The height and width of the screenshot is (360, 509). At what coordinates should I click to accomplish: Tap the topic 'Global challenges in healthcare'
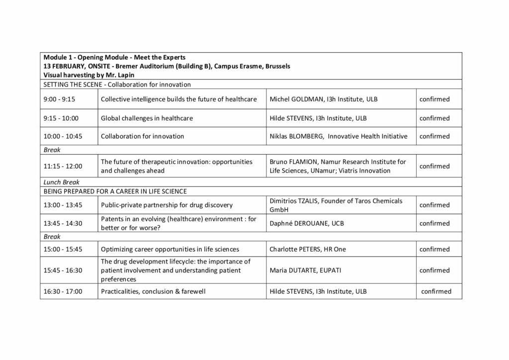[147, 118]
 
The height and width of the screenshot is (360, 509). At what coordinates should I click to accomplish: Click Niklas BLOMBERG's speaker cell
[338, 136]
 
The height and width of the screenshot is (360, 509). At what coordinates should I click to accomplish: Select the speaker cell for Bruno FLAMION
[338, 166]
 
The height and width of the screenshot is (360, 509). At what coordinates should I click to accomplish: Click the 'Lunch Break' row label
[62, 182]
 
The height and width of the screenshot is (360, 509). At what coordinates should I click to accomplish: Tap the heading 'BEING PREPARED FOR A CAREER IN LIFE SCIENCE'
[115, 191]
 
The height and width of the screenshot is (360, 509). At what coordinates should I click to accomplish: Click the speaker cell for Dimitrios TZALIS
[336, 205]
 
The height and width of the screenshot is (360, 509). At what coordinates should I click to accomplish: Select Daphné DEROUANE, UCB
[306, 223]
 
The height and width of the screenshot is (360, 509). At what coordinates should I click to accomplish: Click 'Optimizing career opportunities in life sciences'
[170, 249]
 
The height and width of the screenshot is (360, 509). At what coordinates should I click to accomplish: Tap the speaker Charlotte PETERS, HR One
[308, 249]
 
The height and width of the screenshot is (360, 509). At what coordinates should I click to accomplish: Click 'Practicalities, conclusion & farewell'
[153, 291]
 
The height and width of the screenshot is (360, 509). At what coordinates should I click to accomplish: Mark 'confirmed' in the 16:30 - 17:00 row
[436, 291]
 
